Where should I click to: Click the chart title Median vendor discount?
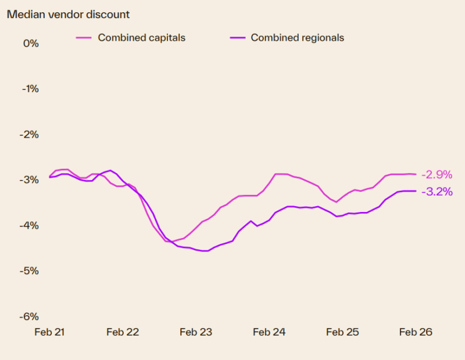(68, 14)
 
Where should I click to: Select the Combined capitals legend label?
(141, 38)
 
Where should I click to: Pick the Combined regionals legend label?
(297, 38)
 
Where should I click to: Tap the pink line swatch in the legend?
(84, 38)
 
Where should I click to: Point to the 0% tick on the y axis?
(30, 44)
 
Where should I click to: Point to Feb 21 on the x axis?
(49, 332)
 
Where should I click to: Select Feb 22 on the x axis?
(123, 332)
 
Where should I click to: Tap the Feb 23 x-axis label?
(196, 332)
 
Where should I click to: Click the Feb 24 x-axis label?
(269, 332)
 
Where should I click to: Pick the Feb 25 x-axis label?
(342, 332)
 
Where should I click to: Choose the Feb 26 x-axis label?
(416, 332)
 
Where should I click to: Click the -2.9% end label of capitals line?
(436, 174)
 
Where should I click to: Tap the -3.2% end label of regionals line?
(436, 192)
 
